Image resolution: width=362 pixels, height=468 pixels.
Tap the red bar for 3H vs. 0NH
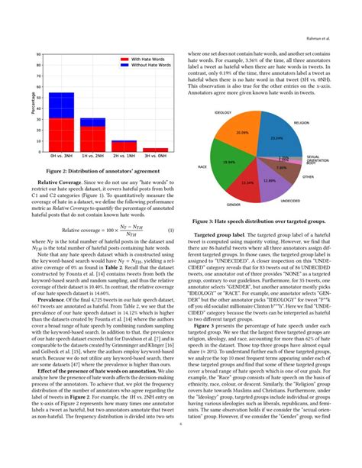[x=155, y=150]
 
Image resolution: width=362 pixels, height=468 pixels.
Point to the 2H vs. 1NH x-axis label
[x=124, y=156]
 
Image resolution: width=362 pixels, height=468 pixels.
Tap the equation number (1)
[x=170, y=230]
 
